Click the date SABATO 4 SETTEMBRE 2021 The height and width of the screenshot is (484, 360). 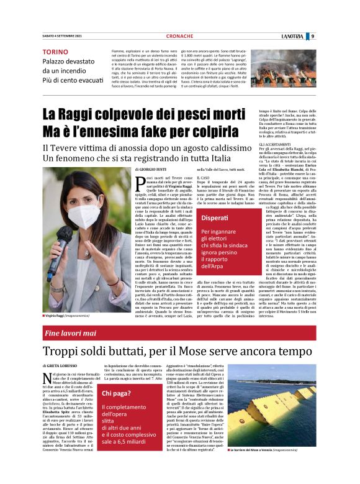58,36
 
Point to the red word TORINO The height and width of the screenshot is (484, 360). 55,52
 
